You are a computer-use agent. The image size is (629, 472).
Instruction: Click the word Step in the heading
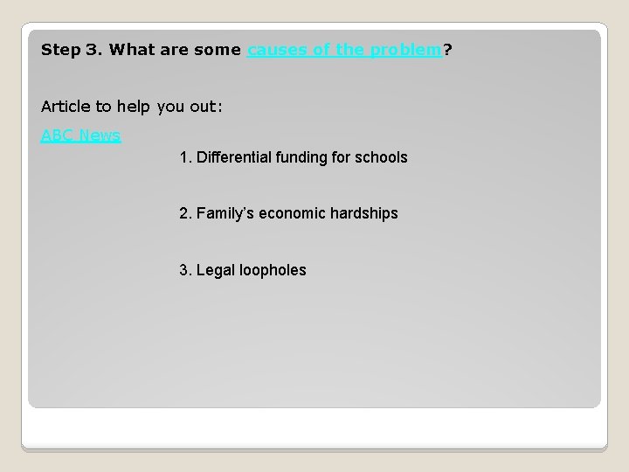click(59, 50)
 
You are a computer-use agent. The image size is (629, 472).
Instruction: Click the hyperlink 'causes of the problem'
click(345, 50)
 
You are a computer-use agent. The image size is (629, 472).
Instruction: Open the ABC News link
click(80, 135)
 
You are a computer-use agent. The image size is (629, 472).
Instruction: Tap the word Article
click(66, 107)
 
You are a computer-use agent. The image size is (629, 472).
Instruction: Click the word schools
click(384, 158)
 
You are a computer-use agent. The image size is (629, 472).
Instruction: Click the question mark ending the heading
click(447, 50)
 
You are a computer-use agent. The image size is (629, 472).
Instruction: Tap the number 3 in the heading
click(91, 50)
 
